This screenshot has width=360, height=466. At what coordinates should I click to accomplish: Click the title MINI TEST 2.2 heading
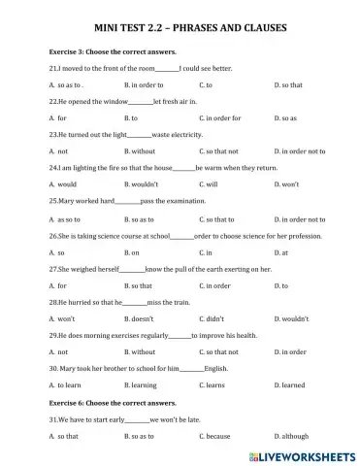(180, 29)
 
